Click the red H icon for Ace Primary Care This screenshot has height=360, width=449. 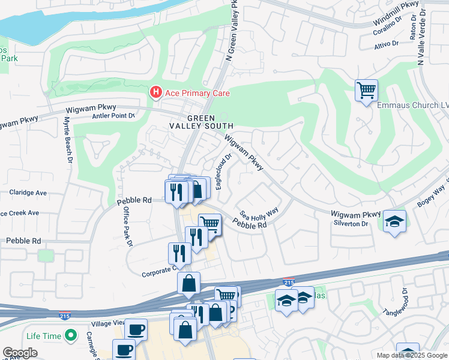(x=156, y=93)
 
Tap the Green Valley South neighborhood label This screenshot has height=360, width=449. (x=209, y=122)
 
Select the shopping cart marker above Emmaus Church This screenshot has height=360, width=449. (x=366, y=91)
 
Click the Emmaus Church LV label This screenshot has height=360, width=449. (x=412, y=105)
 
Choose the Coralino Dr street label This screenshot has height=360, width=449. (x=390, y=32)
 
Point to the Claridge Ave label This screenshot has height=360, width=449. (x=28, y=193)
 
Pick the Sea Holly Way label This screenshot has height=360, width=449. (x=259, y=214)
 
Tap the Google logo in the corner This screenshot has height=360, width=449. (x=20, y=353)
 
